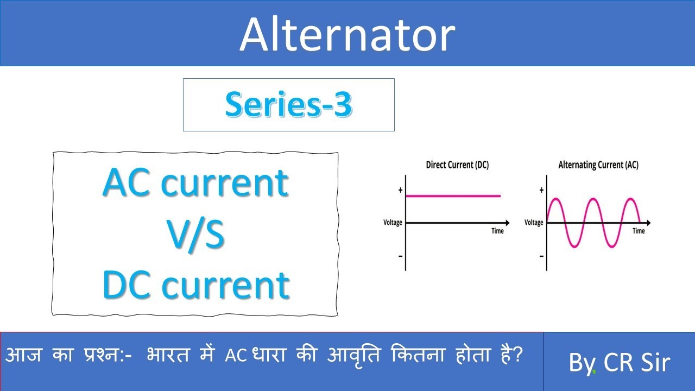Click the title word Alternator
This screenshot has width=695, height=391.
tap(347, 34)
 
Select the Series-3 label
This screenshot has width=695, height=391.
tap(288, 104)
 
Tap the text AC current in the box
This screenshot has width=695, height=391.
tap(195, 183)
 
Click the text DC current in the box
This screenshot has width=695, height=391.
tap(195, 285)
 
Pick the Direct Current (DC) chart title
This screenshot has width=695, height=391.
tap(457, 165)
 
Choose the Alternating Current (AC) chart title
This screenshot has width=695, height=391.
tap(598, 165)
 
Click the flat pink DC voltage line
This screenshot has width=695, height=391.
tap(453, 196)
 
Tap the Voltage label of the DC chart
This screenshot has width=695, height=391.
tap(393, 223)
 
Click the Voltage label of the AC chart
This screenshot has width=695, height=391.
tap(534, 223)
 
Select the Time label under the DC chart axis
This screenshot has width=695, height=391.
tap(497, 231)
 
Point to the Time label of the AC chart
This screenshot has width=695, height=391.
tap(639, 231)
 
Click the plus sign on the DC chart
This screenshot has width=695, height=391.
tap(401, 191)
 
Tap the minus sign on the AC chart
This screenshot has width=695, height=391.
tap(541, 255)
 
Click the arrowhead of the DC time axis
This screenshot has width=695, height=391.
tap(507, 223)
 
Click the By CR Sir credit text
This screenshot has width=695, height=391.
tap(619, 363)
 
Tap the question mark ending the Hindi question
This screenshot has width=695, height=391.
tap(518, 356)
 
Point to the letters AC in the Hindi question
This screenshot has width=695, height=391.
tap(233, 357)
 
